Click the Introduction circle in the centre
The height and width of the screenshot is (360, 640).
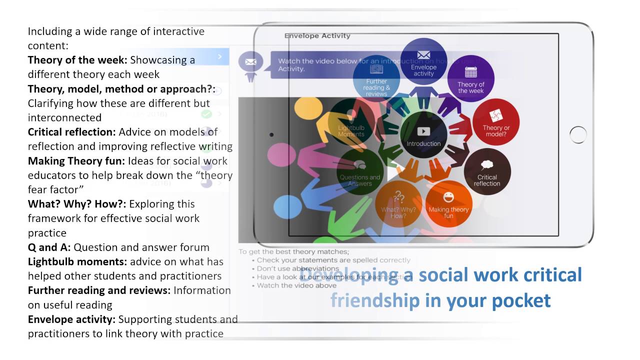(x=423, y=135)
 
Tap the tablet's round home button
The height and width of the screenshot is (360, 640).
(x=578, y=134)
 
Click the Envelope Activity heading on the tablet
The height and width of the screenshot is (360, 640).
(x=317, y=35)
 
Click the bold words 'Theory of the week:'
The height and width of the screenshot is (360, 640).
(x=77, y=60)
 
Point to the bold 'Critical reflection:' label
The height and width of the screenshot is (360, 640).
(x=71, y=132)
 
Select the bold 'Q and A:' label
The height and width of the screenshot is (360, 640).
(x=49, y=247)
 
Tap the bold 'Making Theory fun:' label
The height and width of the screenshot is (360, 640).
(x=76, y=161)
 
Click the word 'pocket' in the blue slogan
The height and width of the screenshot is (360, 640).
(x=521, y=300)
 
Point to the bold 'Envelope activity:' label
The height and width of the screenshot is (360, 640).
(x=71, y=319)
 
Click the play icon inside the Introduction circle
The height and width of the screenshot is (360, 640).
(x=423, y=131)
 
